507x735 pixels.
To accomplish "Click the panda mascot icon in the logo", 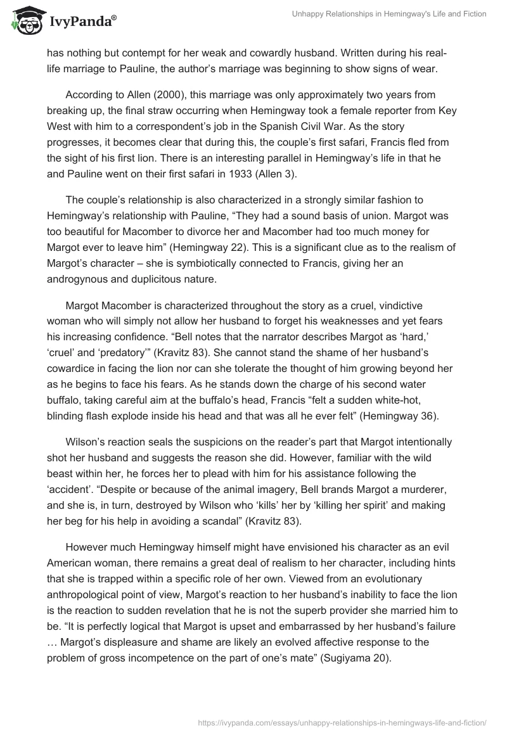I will (x=25, y=20).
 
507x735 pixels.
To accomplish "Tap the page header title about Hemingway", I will (x=389, y=15).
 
